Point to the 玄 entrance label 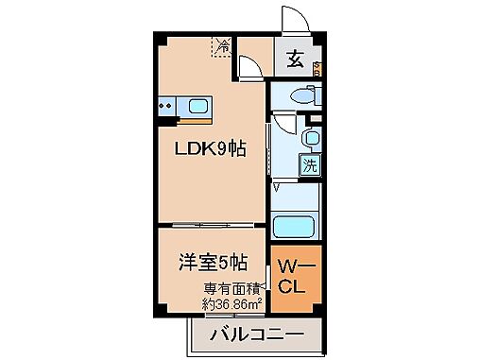point(295,61)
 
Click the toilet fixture point(303,95)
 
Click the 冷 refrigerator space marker point(224,45)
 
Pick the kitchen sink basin point(198,105)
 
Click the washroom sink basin point(310,138)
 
